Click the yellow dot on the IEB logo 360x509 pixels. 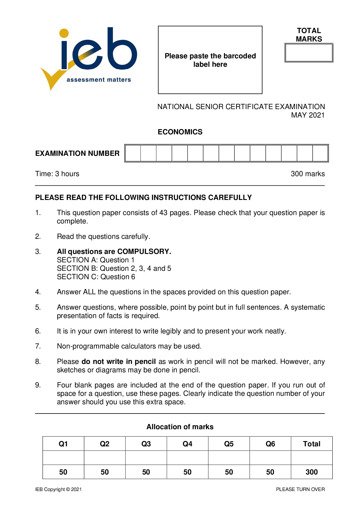tap(64, 33)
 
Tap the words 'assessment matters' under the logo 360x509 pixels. tap(99, 80)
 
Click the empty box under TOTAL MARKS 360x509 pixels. tap(309, 53)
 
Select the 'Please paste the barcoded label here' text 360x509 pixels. tap(210, 60)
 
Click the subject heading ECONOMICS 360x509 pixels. tap(180, 132)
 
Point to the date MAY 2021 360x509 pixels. tap(308, 115)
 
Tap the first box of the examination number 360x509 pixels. tap(133, 153)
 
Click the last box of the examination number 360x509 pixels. tap(320, 153)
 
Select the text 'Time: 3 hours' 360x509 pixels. tap(57, 174)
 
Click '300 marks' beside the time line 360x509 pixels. tap(308, 174)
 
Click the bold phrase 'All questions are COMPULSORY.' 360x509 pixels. tap(114, 252)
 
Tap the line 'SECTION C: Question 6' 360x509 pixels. tap(96, 277)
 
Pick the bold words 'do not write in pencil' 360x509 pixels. tap(118, 362)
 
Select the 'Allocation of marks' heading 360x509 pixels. tap(180, 427)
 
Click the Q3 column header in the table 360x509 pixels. tap(146, 444)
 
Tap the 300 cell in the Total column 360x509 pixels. tap(312, 472)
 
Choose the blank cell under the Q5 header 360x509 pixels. tap(229, 458)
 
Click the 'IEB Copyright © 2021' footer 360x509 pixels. tap(58, 489)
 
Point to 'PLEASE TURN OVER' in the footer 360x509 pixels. tap(300, 489)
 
